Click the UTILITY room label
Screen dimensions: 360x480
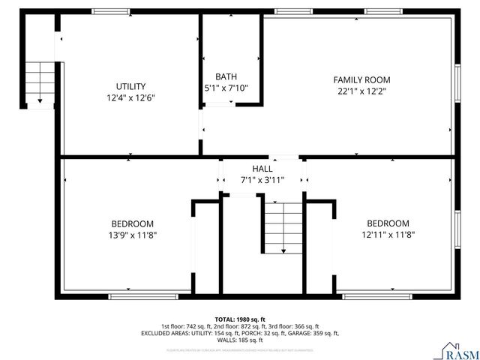(130, 86)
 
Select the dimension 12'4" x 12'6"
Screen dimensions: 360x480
(130, 97)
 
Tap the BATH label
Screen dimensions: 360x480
(226, 76)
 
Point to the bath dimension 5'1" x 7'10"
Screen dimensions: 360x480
(226, 88)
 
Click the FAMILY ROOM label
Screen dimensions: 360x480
(361, 79)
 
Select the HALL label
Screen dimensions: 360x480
(262, 169)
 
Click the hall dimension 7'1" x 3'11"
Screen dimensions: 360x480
(262, 180)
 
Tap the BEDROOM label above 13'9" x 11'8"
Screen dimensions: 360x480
(133, 223)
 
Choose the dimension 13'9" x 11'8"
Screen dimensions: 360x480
(133, 235)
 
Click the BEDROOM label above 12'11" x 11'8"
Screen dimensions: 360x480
(388, 223)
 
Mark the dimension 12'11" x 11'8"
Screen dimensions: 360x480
(388, 235)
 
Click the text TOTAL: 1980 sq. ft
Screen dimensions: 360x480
(240, 319)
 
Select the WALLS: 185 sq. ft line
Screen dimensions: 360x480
(240, 340)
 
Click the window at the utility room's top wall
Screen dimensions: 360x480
(109, 10)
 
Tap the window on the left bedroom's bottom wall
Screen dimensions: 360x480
(144, 296)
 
